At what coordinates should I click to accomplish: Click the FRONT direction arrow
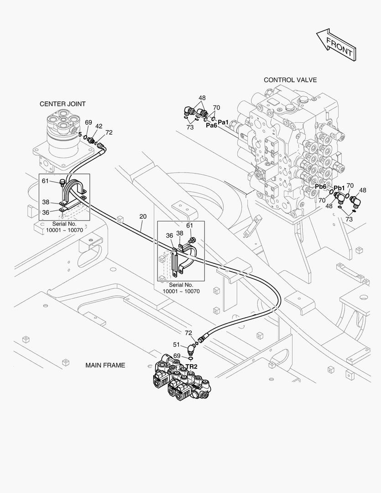point(335,44)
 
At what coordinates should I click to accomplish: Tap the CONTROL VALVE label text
point(290,80)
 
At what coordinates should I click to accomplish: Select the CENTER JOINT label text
point(63,104)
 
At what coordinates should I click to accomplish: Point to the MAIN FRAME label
point(105,365)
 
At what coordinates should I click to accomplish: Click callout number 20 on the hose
point(143,216)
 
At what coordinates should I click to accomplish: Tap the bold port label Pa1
point(223,122)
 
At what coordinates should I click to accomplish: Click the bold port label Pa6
point(211,126)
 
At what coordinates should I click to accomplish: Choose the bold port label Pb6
point(321,187)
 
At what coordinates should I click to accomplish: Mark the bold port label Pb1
point(339,188)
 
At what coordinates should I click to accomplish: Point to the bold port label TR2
point(191,367)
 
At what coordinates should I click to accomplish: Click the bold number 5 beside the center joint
point(80,135)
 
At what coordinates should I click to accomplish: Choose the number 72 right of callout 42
point(109,132)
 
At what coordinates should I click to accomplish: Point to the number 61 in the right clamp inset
point(189,226)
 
